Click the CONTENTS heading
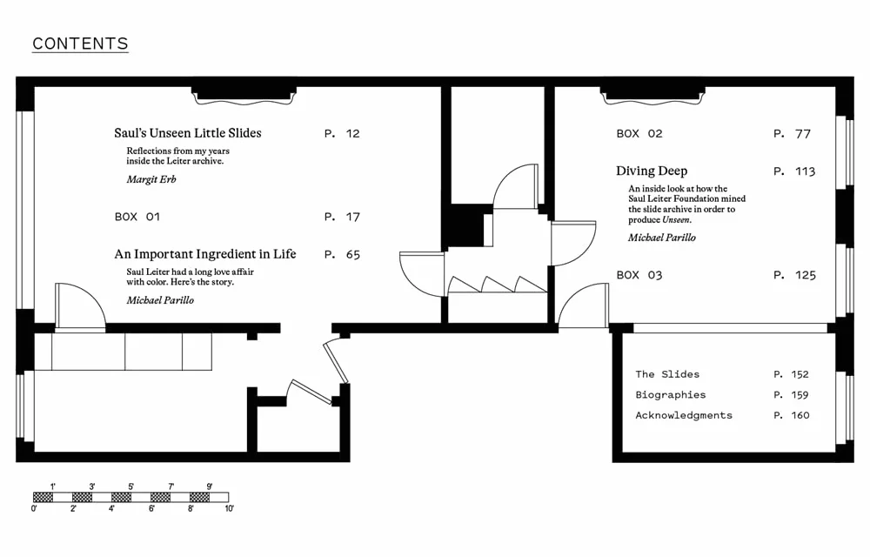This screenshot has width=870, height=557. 80,44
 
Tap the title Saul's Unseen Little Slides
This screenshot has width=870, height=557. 188,133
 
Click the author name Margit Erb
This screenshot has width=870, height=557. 151,179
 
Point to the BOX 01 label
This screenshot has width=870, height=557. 137,217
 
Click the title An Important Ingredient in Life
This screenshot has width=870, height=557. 205,254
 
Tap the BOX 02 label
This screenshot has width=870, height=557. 639,134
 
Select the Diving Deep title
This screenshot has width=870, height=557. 652,171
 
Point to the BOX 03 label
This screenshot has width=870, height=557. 639,275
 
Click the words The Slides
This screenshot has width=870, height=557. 667,374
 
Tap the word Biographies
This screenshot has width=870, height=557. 671,395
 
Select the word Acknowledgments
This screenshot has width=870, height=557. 684,415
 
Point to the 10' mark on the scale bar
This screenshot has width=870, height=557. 229,508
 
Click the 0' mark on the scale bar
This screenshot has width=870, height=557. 34,508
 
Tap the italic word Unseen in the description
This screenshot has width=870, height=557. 676,219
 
